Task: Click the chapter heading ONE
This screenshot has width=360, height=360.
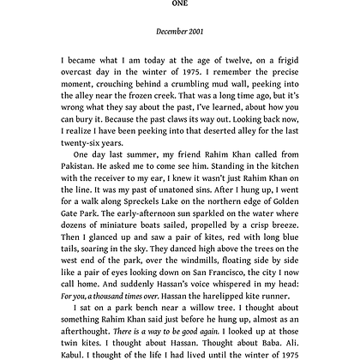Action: pyautogui.click(x=180, y=3)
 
